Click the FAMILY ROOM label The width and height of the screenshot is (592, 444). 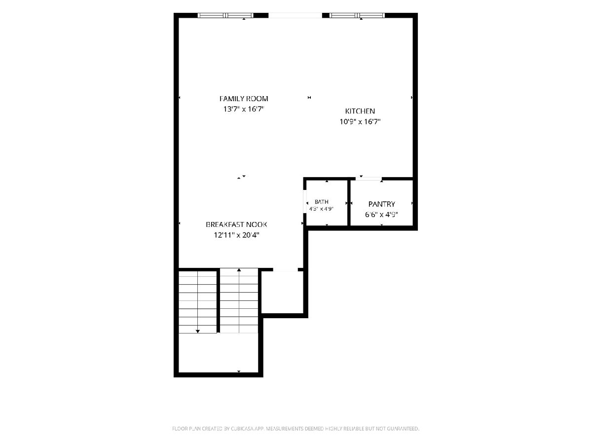tap(244, 99)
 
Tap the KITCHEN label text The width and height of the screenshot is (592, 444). tap(360, 111)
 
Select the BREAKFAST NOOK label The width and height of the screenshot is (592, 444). tap(236, 224)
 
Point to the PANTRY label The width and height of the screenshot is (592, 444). tap(381, 204)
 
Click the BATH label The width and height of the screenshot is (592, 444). tap(322, 202)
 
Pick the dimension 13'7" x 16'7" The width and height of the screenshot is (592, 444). tap(244, 109)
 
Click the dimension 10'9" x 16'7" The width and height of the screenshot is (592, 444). tap(360, 121)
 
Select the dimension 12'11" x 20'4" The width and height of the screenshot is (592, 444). tap(236, 235)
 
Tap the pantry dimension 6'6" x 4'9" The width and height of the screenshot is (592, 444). tap(381, 215)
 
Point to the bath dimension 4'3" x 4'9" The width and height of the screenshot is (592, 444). tap(321, 209)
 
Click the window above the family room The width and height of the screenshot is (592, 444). tap(225, 15)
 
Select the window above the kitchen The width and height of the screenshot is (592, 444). tap(357, 15)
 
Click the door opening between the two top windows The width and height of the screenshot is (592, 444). tap(295, 15)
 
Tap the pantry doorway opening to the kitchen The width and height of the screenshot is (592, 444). tap(369, 179)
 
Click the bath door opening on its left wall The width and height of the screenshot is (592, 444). tap(305, 202)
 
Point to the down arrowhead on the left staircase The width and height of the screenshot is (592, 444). tap(198, 332)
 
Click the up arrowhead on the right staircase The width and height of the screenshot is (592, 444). tap(239, 270)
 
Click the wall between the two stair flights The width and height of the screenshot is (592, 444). tap(218, 300)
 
